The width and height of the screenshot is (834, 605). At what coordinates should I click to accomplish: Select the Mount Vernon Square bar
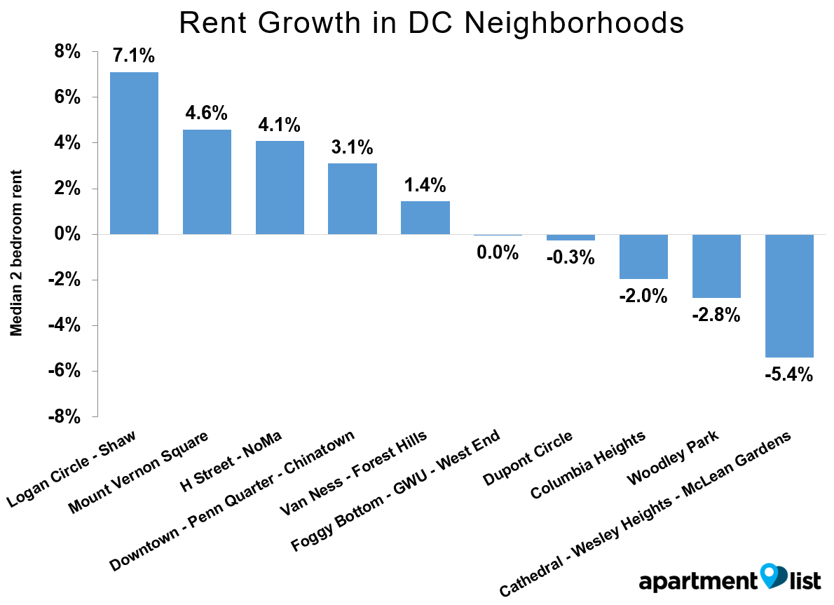pyautogui.click(x=207, y=182)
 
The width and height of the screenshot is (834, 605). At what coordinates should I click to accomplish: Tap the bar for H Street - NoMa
pyautogui.click(x=280, y=187)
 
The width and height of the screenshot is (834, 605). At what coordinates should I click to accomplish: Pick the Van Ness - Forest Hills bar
pyautogui.click(x=425, y=217)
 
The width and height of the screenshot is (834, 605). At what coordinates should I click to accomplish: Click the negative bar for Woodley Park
pyautogui.click(x=716, y=266)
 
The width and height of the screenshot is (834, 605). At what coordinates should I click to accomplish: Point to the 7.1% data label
pyautogui.click(x=134, y=56)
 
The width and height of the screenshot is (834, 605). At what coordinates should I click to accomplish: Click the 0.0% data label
pyautogui.click(x=498, y=252)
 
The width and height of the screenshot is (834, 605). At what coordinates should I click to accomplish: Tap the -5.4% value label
pyautogui.click(x=789, y=374)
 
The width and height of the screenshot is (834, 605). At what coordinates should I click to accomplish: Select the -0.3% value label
pyautogui.click(x=570, y=257)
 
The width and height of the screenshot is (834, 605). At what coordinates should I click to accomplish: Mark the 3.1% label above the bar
pyautogui.click(x=352, y=148)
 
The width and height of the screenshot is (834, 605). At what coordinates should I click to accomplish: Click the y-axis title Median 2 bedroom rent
pyautogui.click(x=16, y=252)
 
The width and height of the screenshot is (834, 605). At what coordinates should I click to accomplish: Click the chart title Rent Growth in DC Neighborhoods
pyautogui.click(x=431, y=22)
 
